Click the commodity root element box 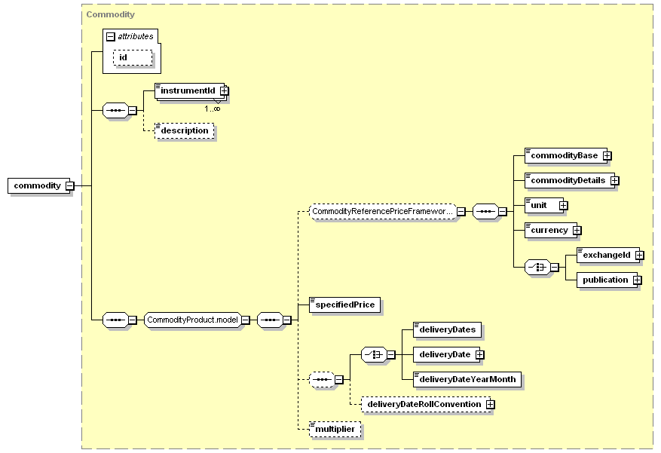(x=38, y=186)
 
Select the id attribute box (x=133, y=58)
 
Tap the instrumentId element (x=190, y=91)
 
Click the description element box (x=184, y=130)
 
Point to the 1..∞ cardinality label (x=212, y=109)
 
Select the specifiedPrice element (x=345, y=305)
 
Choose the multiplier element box (x=335, y=429)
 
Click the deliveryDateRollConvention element (x=426, y=404)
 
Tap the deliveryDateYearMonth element (x=467, y=379)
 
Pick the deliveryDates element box (x=447, y=329)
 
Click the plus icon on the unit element (x=564, y=206)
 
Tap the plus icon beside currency (x=577, y=231)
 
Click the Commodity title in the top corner (x=111, y=14)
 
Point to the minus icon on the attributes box (x=111, y=37)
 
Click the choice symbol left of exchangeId (x=537, y=267)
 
